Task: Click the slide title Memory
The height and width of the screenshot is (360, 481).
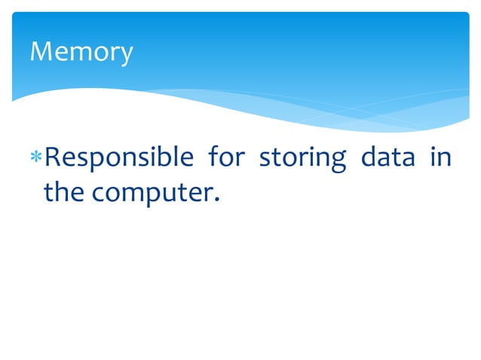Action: [x=81, y=52]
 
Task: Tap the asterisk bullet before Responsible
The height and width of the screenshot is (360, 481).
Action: [x=36, y=160]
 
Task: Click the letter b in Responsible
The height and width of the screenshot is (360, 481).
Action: [x=161, y=158]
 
